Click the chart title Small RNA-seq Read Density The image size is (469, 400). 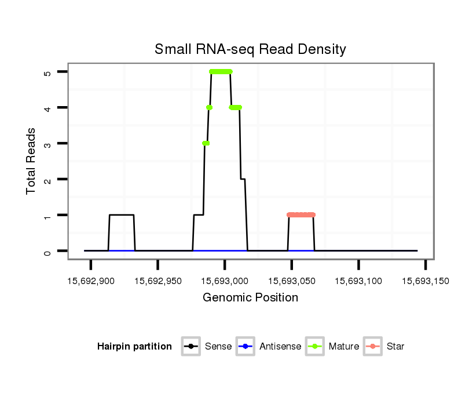click(250, 49)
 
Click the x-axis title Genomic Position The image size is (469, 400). click(250, 298)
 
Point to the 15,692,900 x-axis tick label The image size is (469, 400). click(91, 281)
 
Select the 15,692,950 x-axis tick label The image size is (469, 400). click(157, 281)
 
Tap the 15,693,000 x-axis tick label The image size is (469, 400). click(225, 281)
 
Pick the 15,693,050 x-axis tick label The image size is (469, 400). click(292, 281)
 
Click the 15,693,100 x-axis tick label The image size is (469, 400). click(358, 281)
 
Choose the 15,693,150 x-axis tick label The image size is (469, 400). click(426, 281)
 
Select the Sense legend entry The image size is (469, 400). click(218, 347)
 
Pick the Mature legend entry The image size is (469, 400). click(343, 347)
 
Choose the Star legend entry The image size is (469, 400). click(395, 347)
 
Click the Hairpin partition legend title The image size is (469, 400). click(134, 347)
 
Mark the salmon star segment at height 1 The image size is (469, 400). click(301, 215)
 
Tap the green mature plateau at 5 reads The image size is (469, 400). click(221, 72)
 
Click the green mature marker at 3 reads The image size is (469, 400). click(206, 143)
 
